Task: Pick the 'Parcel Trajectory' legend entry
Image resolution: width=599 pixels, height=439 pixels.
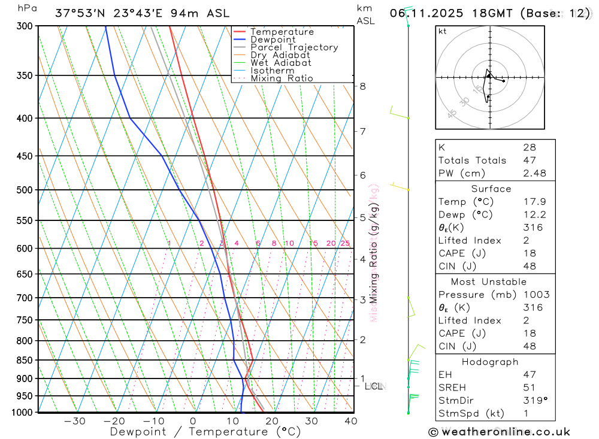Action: (294, 47)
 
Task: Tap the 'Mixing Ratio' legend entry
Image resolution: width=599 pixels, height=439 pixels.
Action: (282, 78)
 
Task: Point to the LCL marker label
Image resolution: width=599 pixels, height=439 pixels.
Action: (373, 386)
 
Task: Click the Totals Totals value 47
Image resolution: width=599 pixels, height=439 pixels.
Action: (529, 160)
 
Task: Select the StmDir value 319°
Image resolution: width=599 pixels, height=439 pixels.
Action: (533, 401)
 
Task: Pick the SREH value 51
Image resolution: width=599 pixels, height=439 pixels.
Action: (529, 387)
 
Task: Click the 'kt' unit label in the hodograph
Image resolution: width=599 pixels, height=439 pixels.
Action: (442, 31)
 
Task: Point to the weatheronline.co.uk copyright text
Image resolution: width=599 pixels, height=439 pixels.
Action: (499, 432)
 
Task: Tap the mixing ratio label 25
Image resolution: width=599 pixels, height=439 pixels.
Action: (345, 243)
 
